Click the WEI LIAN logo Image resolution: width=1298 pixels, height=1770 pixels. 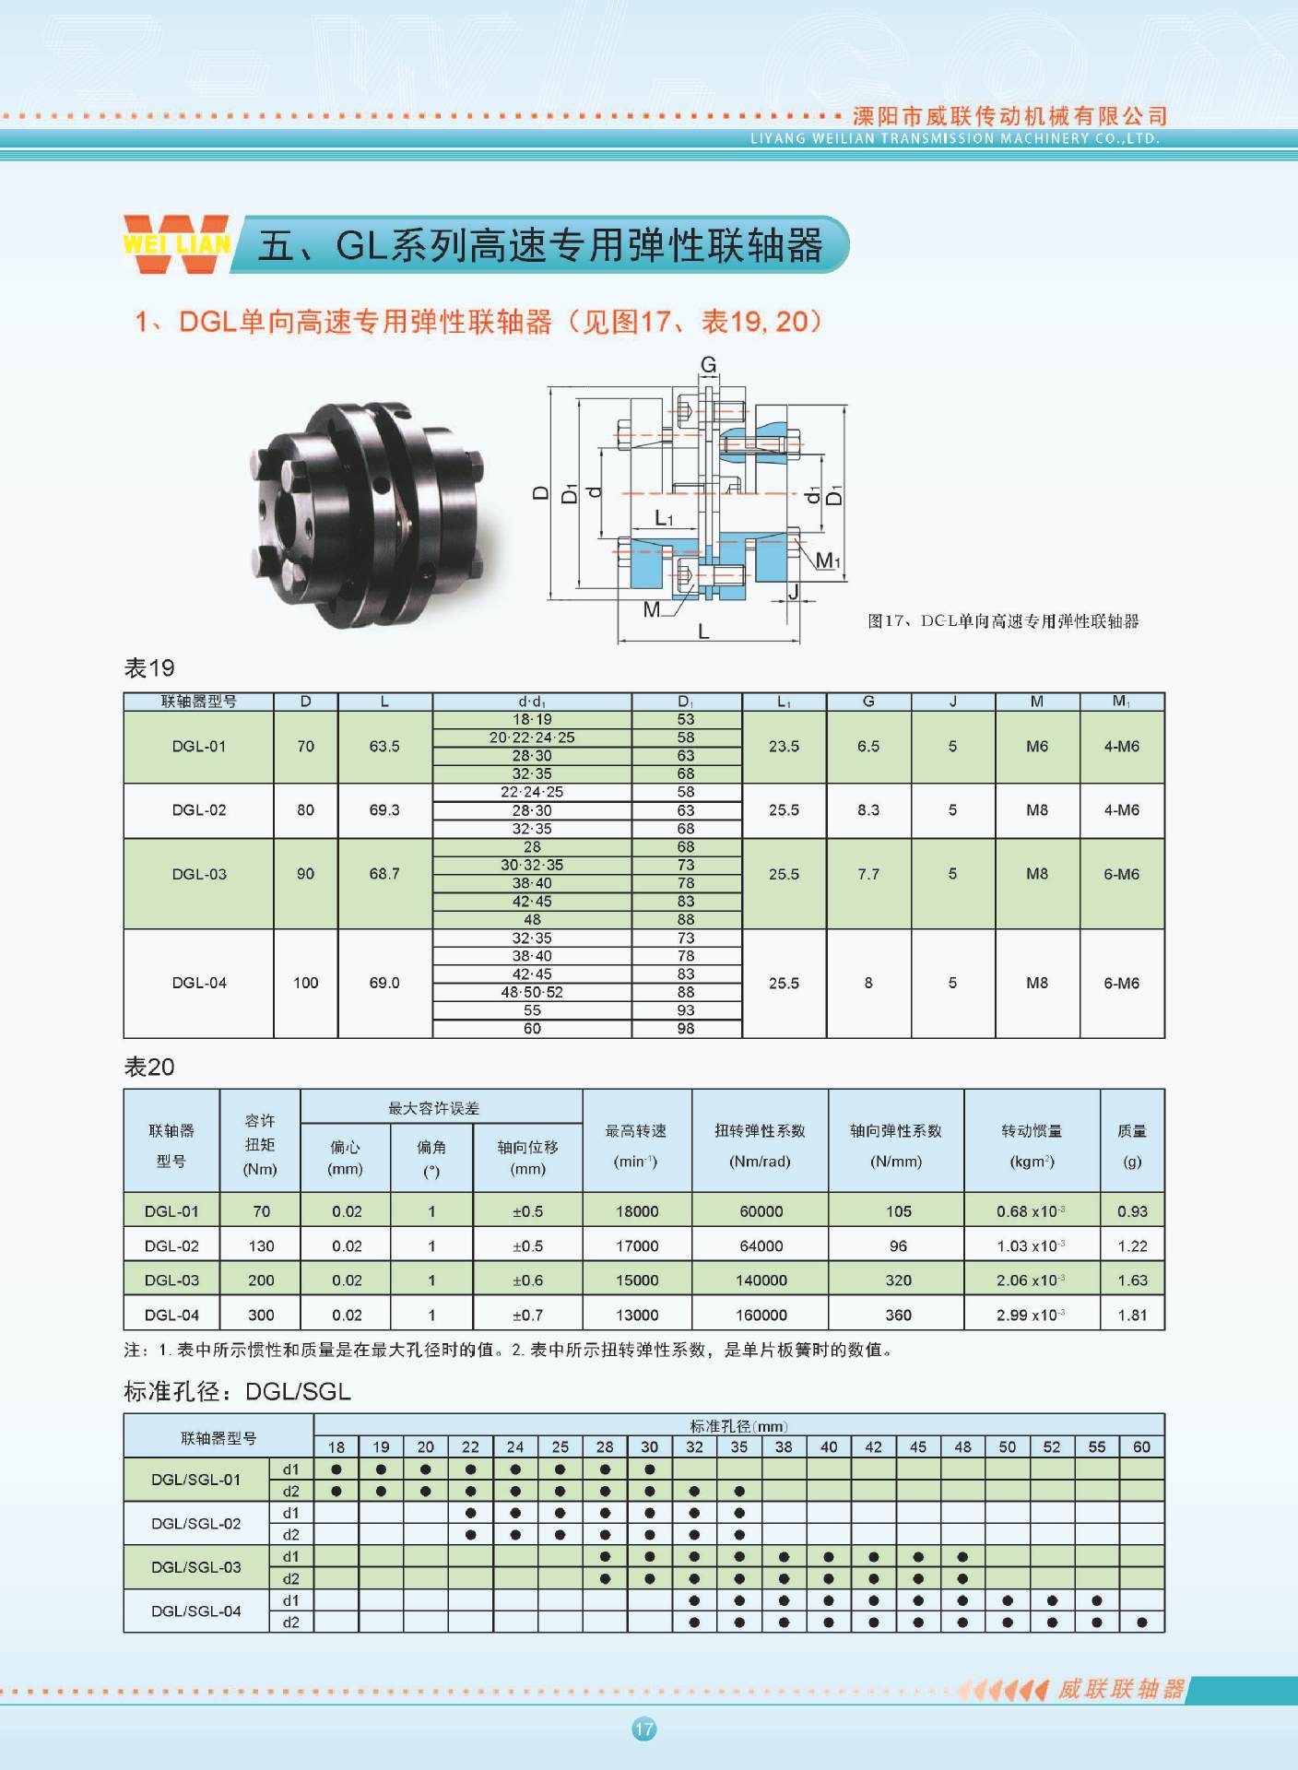176,244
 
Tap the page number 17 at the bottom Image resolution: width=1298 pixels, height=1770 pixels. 644,1729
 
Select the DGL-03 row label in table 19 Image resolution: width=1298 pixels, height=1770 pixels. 199,874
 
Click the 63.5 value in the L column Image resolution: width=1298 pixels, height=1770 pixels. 384,747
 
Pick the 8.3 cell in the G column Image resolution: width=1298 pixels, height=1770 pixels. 868,810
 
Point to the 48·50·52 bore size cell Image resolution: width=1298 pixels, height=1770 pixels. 532,992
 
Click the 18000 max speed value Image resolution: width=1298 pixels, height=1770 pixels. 637,1211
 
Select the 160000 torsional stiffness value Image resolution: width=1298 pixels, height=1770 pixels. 761,1315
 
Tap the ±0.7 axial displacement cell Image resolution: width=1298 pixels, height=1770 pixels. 528,1315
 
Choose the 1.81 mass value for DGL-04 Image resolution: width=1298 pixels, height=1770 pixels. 1132,1315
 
